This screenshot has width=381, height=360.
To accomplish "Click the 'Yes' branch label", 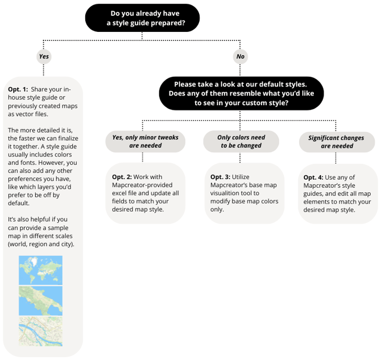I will pos(44,56).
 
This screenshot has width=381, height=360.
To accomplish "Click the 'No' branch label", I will pos(241,56).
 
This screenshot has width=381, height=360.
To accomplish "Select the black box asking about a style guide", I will pos(142,18).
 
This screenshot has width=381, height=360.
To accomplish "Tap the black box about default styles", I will pos(241,93).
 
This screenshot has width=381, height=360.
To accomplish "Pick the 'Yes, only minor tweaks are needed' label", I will pos(146,141).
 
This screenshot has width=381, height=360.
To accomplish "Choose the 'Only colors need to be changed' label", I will pos(241,141).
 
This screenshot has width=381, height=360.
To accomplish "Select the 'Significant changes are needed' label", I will pos(337,142).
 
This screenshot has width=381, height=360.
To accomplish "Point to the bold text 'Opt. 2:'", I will pos(122,177).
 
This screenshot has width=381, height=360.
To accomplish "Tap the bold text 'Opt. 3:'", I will pos(221,177).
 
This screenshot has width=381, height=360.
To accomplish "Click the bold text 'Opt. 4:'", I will pos(313,177).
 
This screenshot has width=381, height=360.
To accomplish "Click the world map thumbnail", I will pos(40,270).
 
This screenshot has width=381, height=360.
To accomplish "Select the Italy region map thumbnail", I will pos(40,300).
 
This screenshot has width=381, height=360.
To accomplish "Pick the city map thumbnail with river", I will pos(40,331).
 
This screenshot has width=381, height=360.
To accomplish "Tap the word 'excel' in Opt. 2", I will pos(122,193).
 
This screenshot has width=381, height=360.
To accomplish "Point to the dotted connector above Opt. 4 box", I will pos(336,158).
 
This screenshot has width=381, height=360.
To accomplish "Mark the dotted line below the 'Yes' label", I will pos(44,69).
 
